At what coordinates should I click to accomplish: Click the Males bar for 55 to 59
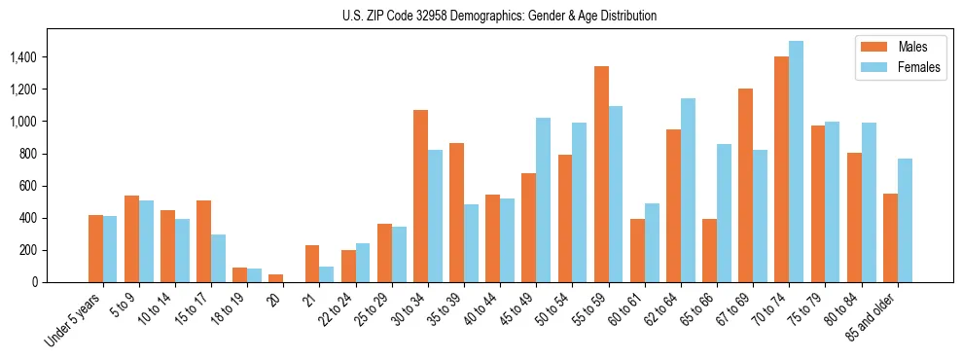coord(601,174)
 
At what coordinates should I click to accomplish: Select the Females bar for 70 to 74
coord(796,162)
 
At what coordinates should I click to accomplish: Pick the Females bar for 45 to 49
coord(543,199)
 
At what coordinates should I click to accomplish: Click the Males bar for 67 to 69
coord(746,185)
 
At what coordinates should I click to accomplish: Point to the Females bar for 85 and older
coord(905,220)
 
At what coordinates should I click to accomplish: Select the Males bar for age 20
coord(276,278)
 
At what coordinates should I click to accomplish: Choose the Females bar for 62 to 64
coord(688,190)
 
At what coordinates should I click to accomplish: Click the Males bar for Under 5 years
coord(95,248)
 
